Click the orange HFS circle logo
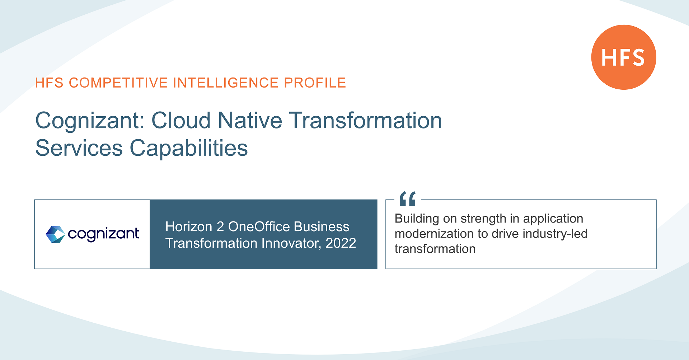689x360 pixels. coord(623,57)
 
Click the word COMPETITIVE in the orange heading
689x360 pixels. coord(118,83)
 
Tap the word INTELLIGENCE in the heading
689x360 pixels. coord(226,83)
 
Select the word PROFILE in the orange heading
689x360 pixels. coord(315,83)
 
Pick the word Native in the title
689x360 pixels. coord(250,121)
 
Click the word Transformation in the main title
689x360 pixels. coord(365,121)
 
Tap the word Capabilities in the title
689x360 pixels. coord(188,148)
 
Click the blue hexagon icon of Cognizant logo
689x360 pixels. coord(55,234)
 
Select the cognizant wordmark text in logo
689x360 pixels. coord(103,234)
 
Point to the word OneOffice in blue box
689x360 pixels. coord(259,227)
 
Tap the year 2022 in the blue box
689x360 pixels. coord(341,243)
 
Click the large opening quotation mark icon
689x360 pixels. coord(408,198)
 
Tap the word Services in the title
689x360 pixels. coord(79,148)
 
